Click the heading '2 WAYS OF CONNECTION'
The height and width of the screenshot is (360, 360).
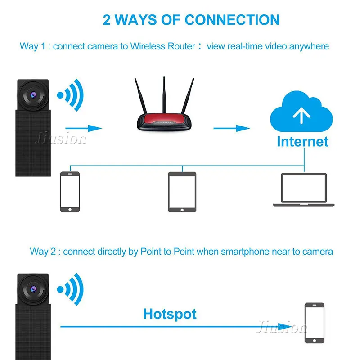191,20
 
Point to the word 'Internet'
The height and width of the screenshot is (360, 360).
302,141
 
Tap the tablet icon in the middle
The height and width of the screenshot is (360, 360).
182,192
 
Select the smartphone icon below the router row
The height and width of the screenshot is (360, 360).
70,192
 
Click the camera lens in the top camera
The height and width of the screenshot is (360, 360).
33,95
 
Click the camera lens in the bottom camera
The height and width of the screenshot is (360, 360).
33,288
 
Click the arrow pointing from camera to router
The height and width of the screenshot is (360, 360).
84,128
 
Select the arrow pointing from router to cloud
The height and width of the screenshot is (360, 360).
231,128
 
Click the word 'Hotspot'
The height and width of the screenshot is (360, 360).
170,314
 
